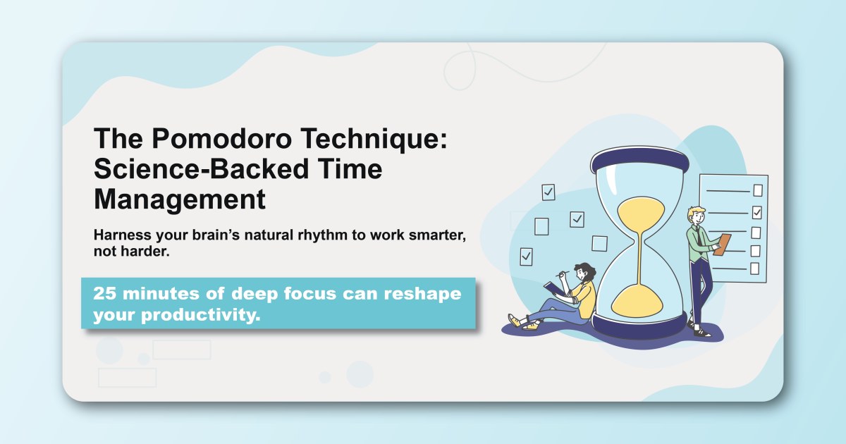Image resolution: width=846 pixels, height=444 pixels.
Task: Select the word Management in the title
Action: coord(180,199)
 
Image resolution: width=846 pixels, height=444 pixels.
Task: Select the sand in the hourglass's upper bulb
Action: coord(639,212)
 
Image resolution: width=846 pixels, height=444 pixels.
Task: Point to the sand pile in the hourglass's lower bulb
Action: coord(639,300)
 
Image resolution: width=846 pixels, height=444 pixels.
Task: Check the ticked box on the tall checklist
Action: coord(757,211)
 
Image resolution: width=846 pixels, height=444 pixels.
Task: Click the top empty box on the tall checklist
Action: coord(758,190)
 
